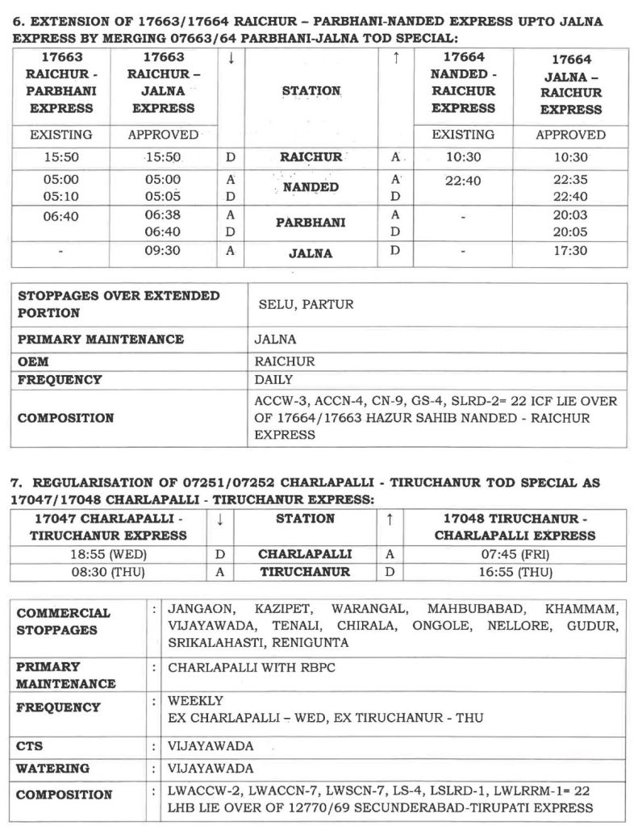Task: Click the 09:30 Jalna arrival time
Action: (x=163, y=252)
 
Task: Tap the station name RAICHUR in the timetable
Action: (x=311, y=158)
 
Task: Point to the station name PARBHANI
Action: (x=311, y=223)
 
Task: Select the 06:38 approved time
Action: (x=163, y=215)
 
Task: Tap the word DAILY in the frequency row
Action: (x=273, y=379)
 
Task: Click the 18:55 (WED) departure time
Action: (x=108, y=555)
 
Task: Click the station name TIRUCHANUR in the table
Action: (x=305, y=572)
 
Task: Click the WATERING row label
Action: (x=52, y=769)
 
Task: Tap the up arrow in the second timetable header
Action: (x=390, y=519)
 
